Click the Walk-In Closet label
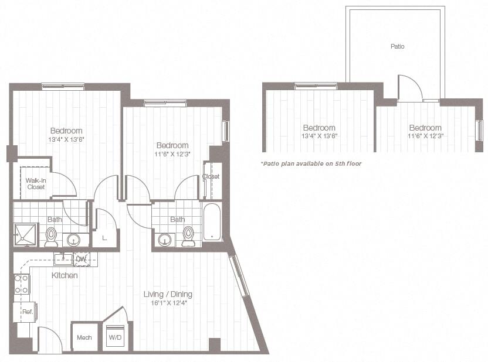35,183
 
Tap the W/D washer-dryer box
115,338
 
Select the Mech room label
84,338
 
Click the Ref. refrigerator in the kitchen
26,312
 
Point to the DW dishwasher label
82,258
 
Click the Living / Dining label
168,294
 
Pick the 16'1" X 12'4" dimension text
168,303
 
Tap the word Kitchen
65,275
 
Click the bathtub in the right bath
212,222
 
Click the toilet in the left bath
52,237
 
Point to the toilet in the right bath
188,235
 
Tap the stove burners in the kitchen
22,284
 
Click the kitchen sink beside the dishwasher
63,258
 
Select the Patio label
397,46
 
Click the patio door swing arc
410,88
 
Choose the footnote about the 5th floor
311,163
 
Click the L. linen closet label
104,238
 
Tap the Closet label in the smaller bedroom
211,176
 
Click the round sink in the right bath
165,239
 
